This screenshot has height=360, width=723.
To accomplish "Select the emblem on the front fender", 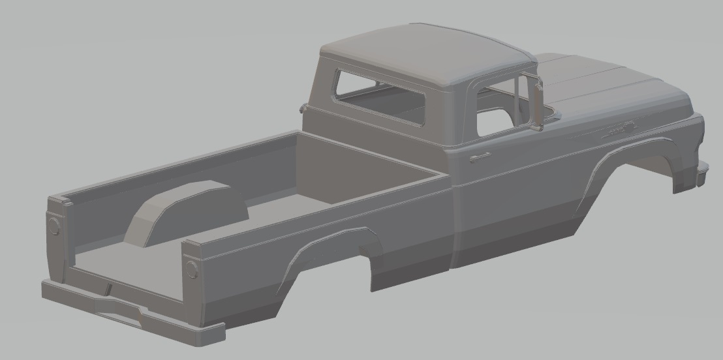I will pyautogui.click(x=619, y=130).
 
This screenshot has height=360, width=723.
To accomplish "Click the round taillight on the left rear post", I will pyautogui.click(x=54, y=227).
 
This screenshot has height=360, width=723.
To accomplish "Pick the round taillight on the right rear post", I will pyautogui.click(x=192, y=268).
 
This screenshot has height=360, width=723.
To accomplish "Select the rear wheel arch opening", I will pyautogui.click(x=333, y=261).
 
